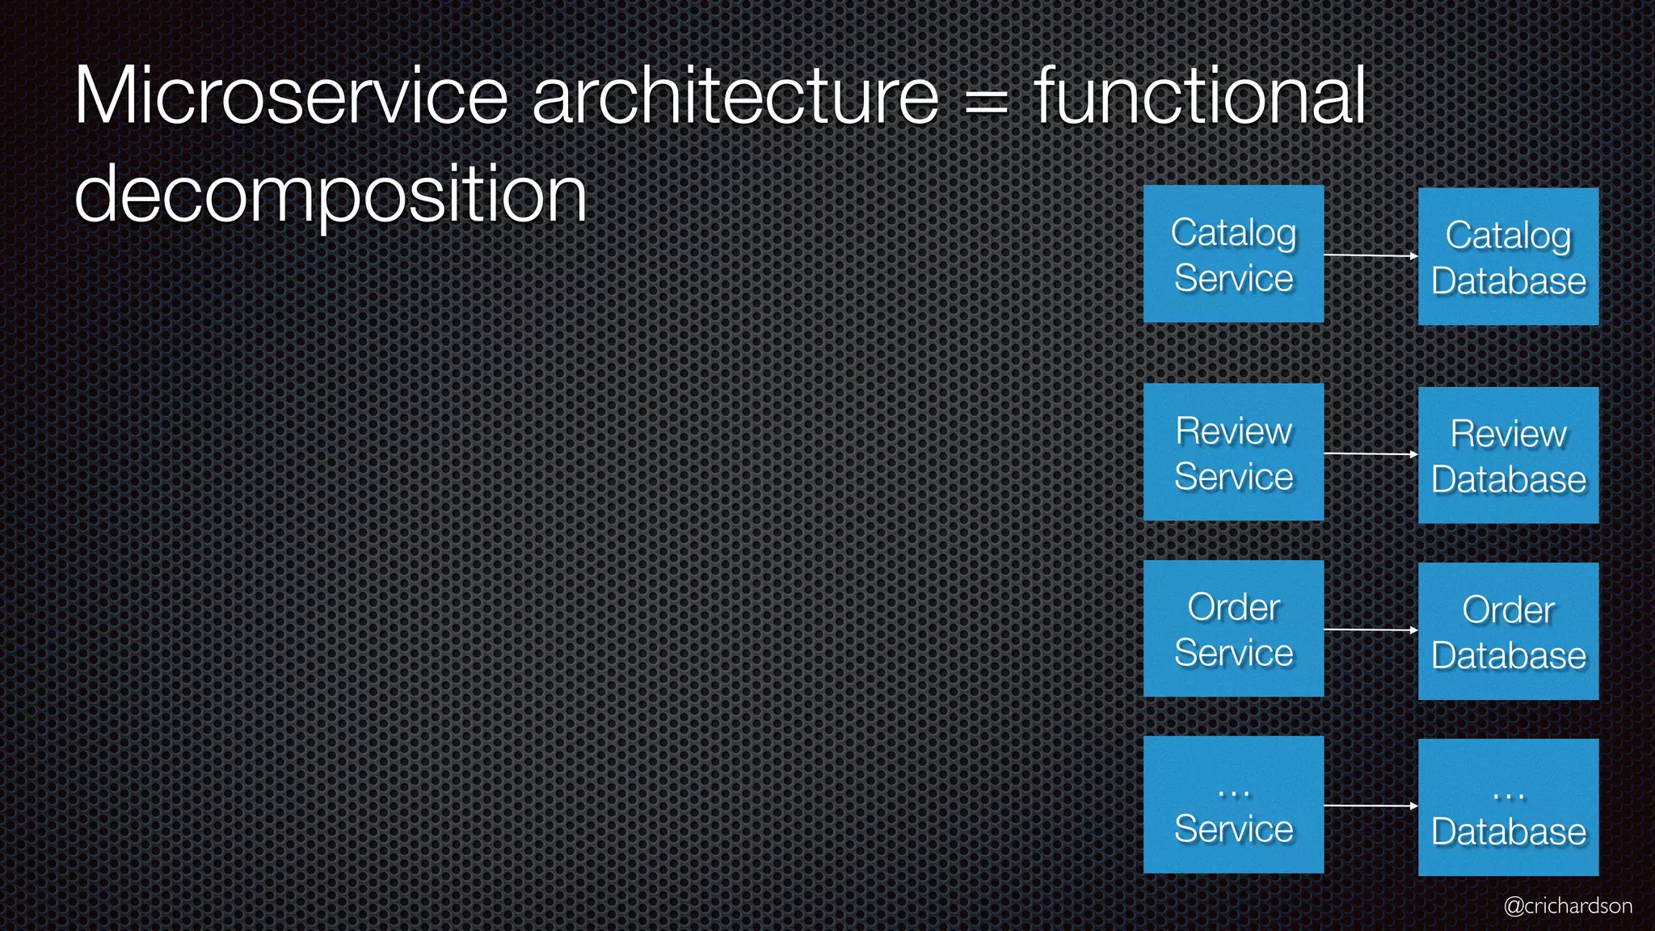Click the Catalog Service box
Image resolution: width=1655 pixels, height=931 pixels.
click(1233, 254)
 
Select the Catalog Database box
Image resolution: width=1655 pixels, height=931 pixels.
click(1508, 257)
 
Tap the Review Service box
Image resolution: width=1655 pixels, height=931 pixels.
click(1233, 452)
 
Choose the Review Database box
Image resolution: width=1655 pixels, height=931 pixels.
click(1508, 455)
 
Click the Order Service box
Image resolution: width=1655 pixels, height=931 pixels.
click(1233, 628)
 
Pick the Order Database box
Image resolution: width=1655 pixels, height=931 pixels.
click(1508, 631)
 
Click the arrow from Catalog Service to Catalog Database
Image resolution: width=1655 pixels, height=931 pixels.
click(1371, 255)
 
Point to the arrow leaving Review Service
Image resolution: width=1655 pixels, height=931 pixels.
click(1371, 454)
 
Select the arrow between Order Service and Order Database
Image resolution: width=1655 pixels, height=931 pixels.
click(1371, 630)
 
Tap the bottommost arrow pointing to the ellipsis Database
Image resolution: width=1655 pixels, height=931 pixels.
click(1371, 806)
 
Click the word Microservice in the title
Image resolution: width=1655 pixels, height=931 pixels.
click(291, 96)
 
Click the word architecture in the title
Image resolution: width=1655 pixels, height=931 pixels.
click(735, 96)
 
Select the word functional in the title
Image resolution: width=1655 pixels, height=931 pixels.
click(1200, 96)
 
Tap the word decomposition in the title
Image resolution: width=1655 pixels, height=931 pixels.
click(330, 195)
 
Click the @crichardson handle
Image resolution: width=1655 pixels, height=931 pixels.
click(1568, 906)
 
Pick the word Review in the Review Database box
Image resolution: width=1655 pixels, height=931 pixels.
click(1508, 434)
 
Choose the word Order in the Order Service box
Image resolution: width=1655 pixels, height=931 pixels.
click(1233, 607)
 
